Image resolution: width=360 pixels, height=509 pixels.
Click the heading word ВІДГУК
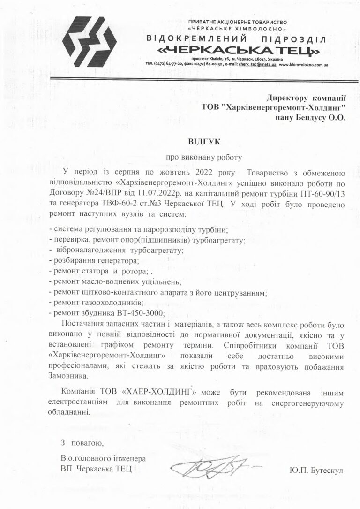click(x=201, y=141)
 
